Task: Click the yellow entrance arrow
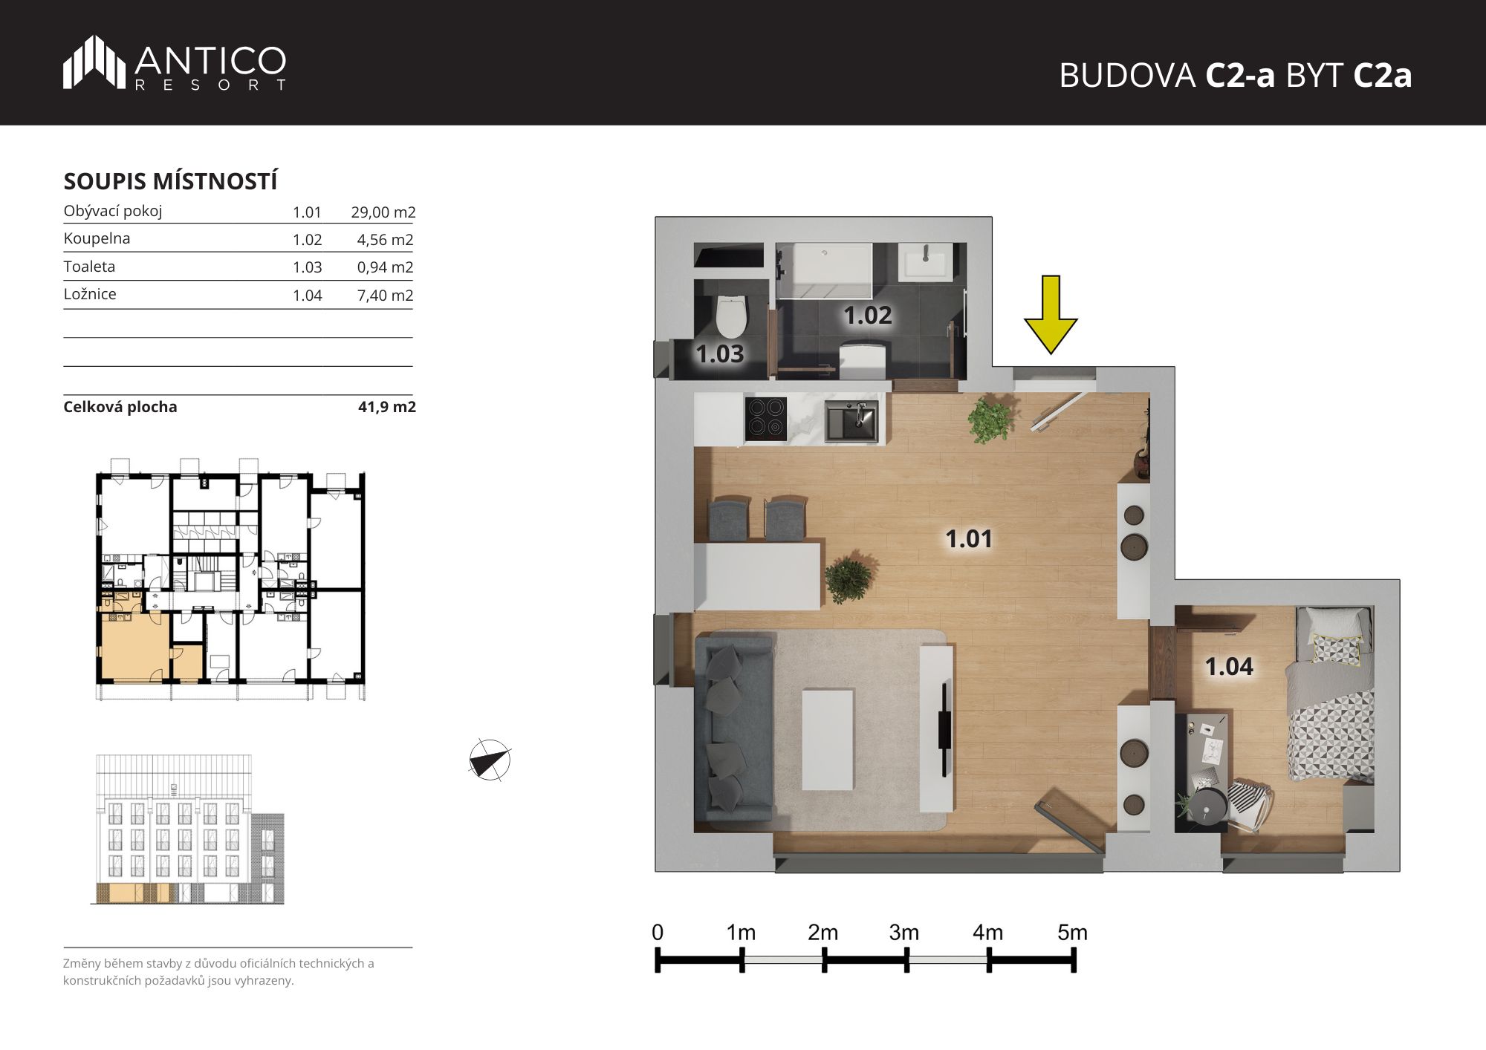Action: tap(1051, 314)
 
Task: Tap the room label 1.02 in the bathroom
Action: tap(867, 316)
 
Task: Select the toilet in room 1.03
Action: tap(731, 317)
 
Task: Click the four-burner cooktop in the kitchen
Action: tap(765, 419)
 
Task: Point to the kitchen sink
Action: tap(851, 421)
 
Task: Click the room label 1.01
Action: tap(968, 538)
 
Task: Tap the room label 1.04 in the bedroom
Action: tap(1229, 666)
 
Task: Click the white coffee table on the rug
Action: tap(828, 739)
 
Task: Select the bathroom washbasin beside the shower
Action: tap(925, 262)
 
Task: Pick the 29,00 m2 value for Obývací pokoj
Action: tap(383, 212)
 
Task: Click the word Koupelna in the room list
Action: tap(97, 238)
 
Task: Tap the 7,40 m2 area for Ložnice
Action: tap(385, 296)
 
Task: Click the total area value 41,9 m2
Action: tap(387, 407)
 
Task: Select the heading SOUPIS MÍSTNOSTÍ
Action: tap(170, 181)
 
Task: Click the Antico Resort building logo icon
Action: tap(94, 62)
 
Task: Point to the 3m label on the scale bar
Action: tap(904, 933)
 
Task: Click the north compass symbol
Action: tap(490, 760)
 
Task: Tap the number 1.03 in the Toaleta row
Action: tap(307, 267)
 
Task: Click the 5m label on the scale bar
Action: tap(1072, 933)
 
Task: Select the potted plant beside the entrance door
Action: tap(990, 420)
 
